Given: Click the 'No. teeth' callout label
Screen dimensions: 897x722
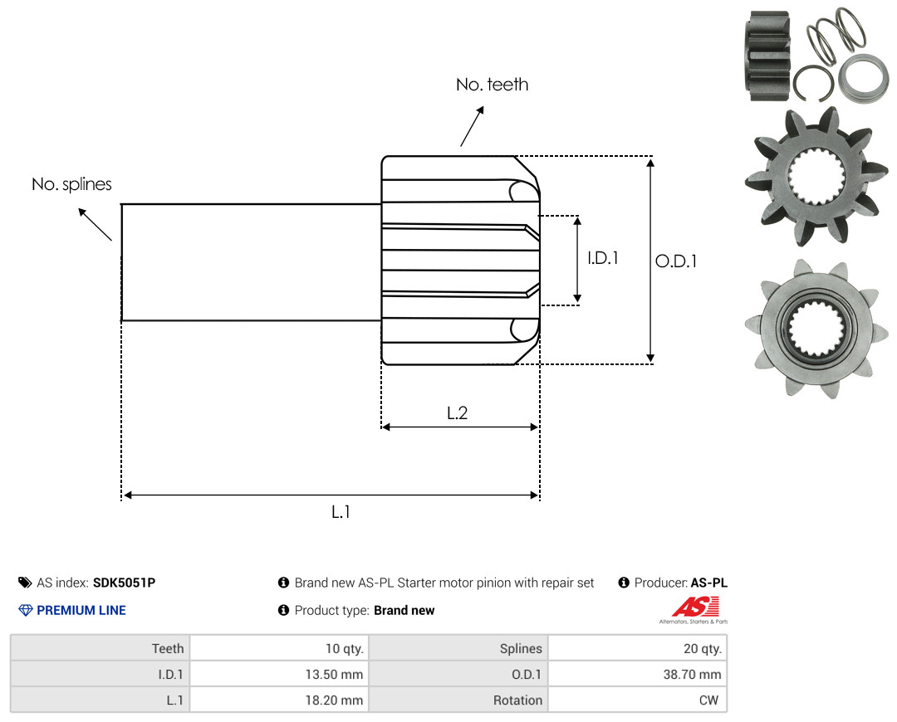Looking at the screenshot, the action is (x=492, y=85).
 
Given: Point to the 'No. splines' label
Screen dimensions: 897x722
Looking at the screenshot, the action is (x=71, y=184).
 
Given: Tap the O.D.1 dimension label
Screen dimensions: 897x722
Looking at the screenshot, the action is (x=676, y=261).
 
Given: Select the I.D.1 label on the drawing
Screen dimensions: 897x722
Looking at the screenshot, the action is (x=603, y=258).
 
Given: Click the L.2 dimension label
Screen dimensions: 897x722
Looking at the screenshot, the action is (x=457, y=412).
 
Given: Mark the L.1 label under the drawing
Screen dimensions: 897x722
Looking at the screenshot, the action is (x=341, y=512).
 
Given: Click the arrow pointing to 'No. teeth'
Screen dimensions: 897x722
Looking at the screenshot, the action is (x=472, y=126).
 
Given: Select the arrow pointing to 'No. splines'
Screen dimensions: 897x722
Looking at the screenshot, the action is (x=95, y=224).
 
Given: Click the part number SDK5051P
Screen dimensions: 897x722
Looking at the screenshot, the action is (x=124, y=583).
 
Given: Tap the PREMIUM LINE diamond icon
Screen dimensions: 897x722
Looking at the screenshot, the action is (x=26, y=610).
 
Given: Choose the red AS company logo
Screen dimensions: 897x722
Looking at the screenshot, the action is (x=696, y=607).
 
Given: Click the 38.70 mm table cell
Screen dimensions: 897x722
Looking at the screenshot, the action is (x=637, y=674).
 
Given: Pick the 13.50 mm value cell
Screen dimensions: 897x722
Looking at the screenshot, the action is (x=279, y=674).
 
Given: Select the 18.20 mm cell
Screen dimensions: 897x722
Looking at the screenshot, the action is (x=279, y=700).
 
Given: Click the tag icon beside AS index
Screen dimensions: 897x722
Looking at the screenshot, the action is (x=25, y=583).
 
